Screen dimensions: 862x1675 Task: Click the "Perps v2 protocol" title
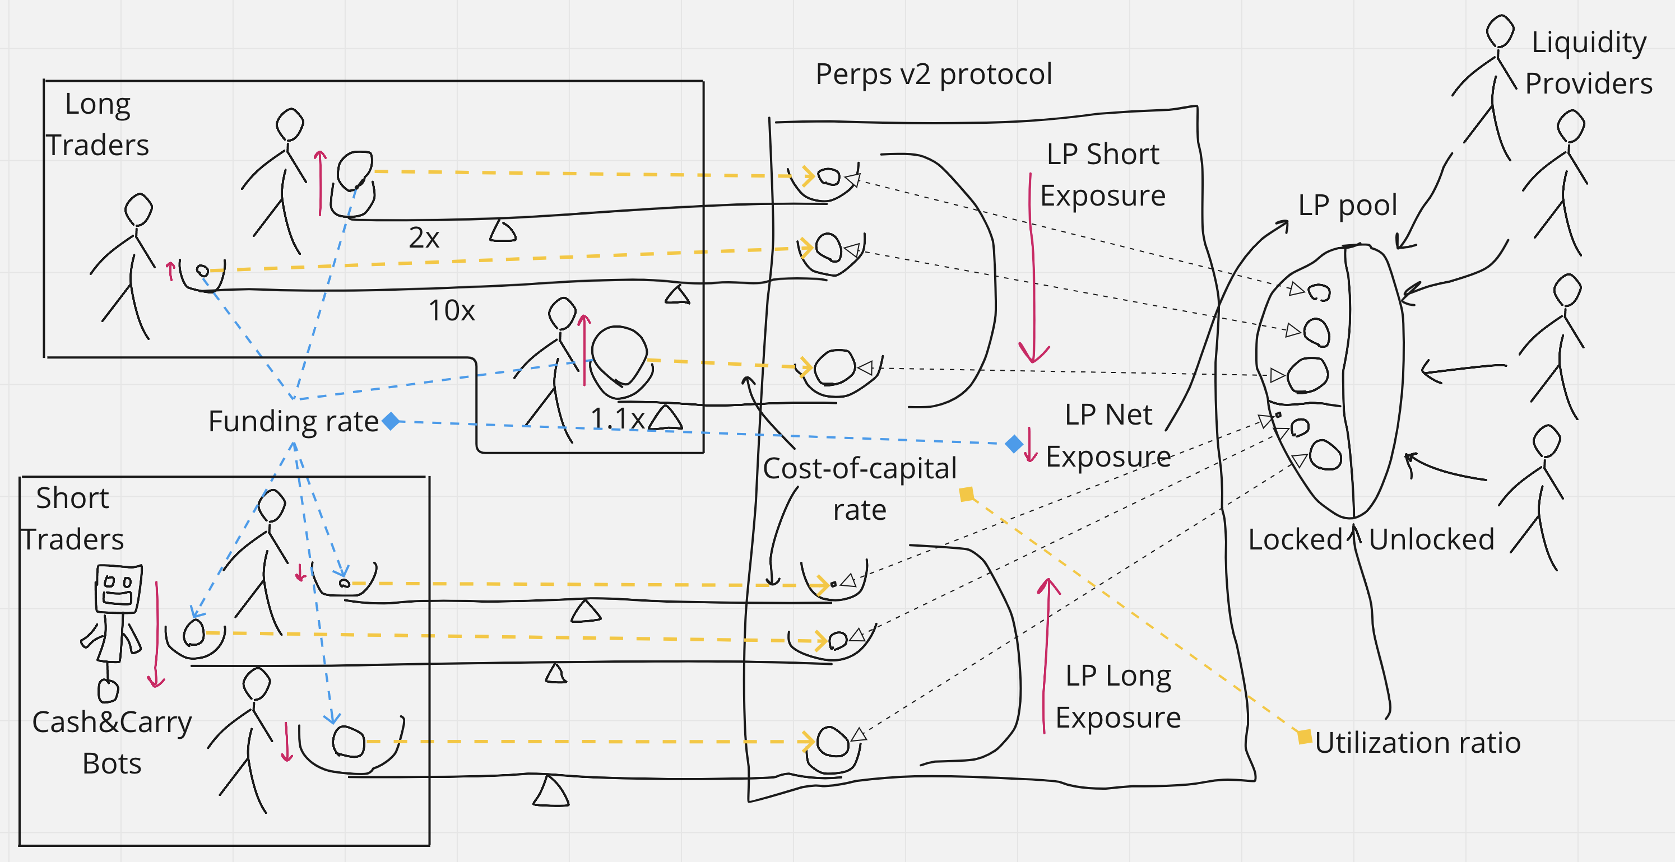pyautogui.click(x=934, y=74)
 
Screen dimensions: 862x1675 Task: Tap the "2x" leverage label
pyautogui.click(x=424, y=238)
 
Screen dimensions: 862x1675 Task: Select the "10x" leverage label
pyautogui.click(x=451, y=311)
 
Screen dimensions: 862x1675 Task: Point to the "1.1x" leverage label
pyautogui.click(x=617, y=418)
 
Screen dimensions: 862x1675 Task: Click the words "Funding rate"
pyautogui.click(x=293, y=421)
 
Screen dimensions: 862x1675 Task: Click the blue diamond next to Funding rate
pyautogui.click(x=391, y=421)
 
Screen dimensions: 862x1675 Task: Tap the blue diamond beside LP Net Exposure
pyautogui.click(x=1014, y=444)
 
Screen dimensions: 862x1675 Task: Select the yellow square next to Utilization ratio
pyautogui.click(x=1305, y=737)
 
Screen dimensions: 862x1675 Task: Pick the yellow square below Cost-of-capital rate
pyautogui.click(x=967, y=495)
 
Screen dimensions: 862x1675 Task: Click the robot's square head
pyautogui.click(x=118, y=588)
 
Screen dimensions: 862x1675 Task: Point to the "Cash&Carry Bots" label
pyautogui.click(x=112, y=742)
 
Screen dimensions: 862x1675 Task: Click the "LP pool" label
pyautogui.click(x=1347, y=206)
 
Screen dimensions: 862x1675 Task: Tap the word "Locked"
pyautogui.click(x=1294, y=539)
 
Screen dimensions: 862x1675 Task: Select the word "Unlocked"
pyautogui.click(x=1431, y=539)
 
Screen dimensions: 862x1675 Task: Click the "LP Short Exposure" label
pyautogui.click(x=1103, y=175)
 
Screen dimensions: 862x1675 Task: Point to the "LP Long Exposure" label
pyautogui.click(x=1118, y=696)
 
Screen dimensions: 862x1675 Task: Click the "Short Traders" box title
pyautogui.click(x=72, y=519)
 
